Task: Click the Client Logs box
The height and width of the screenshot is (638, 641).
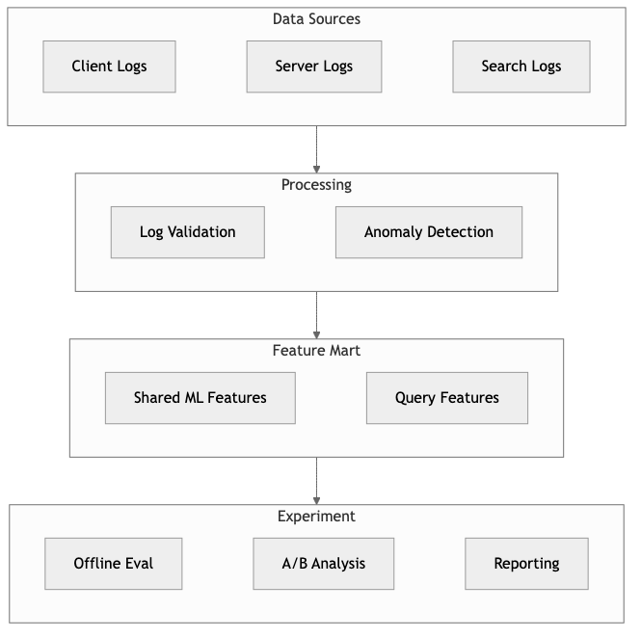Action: coord(109,66)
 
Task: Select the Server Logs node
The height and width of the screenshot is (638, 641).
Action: coord(313,66)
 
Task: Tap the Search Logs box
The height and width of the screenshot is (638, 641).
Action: coord(521,66)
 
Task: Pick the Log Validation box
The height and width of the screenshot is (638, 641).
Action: coord(187,232)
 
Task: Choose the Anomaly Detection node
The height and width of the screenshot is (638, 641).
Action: coord(428,232)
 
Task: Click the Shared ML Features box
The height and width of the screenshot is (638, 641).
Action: coord(200,398)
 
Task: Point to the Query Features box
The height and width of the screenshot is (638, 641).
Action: coord(446,398)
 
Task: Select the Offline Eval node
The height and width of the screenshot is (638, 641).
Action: coord(113,564)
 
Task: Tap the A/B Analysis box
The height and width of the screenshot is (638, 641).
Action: coord(323,564)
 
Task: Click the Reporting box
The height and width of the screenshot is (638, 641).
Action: coord(526,564)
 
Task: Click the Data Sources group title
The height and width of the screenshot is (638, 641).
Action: coord(316,19)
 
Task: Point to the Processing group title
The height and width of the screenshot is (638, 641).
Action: coord(316,185)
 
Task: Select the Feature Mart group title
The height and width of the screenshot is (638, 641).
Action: coord(316,351)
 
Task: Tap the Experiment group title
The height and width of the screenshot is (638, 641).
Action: coord(316,517)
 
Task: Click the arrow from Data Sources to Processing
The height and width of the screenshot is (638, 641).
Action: coord(316,149)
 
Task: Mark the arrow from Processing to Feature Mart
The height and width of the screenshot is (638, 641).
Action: coord(316,315)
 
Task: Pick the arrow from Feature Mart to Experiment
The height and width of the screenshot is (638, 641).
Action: coord(316,481)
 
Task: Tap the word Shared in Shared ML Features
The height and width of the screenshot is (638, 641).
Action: coord(156,398)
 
